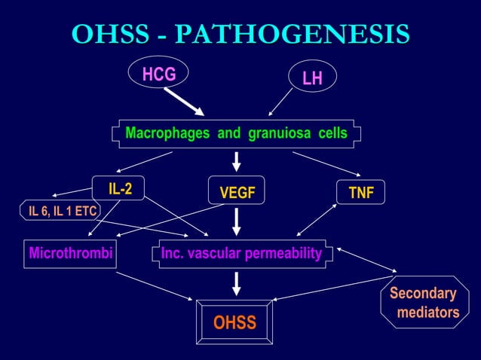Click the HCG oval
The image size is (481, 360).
pyautogui.click(x=158, y=74)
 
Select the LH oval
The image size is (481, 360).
pyautogui.click(x=312, y=78)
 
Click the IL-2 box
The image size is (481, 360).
pyautogui.click(x=119, y=189)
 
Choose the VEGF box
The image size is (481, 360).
pyautogui.click(x=237, y=194)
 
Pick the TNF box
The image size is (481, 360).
pyautogui.click(x=361, y=194)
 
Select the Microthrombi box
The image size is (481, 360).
pyautogui.click(x=70, y=254)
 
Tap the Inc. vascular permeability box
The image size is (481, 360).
pyautogui.click(x=241, y=254)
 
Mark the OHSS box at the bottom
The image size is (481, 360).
pyautogui.click(x=234, y=323)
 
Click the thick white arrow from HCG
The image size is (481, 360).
pyautogui.click(x=184, y=101)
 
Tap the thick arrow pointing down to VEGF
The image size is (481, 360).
pyautogui.click(x=237, y=161)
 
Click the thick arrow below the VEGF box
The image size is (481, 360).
pyautogui.click(x=237, y=221)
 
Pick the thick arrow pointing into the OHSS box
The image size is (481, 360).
pyautogui.click(x=237, y=282)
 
